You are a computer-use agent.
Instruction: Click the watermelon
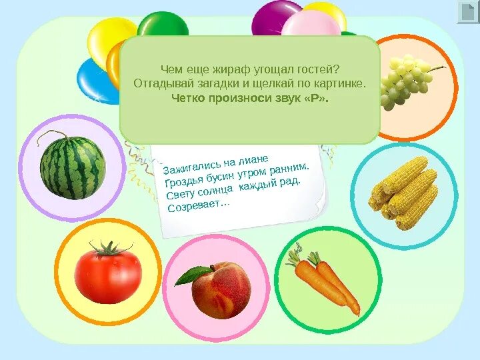(x=72, y=167)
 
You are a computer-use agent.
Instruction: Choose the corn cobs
(x=404, y=193)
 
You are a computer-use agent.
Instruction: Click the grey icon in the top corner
(x=467, y=12)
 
